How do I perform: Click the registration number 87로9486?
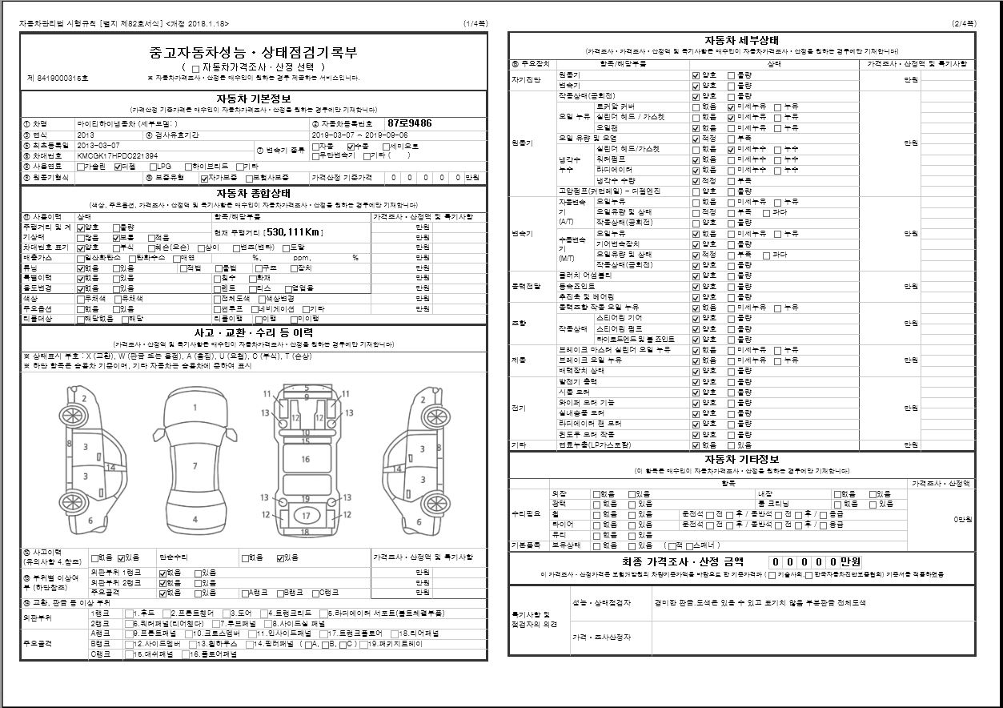(409, 123)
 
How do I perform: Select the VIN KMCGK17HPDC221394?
(111, 155)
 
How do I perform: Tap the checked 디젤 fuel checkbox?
(118, 167)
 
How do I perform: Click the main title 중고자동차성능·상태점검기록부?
(253, 53)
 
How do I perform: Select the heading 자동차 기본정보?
(253, 98)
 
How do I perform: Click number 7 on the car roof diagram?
(195, 465)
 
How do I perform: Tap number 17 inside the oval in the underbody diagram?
(306, 515)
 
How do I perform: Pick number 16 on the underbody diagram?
(305, 459)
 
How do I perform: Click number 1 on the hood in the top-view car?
(195, 407)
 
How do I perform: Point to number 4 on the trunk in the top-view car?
(195, 519)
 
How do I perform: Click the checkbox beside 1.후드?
(129, 613)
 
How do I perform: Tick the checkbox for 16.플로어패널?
(186, 654)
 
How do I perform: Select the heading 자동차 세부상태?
(741, 41)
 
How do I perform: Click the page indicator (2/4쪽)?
(964, 24)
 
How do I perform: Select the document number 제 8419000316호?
(58, 78)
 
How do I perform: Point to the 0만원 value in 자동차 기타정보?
(962, 519)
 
